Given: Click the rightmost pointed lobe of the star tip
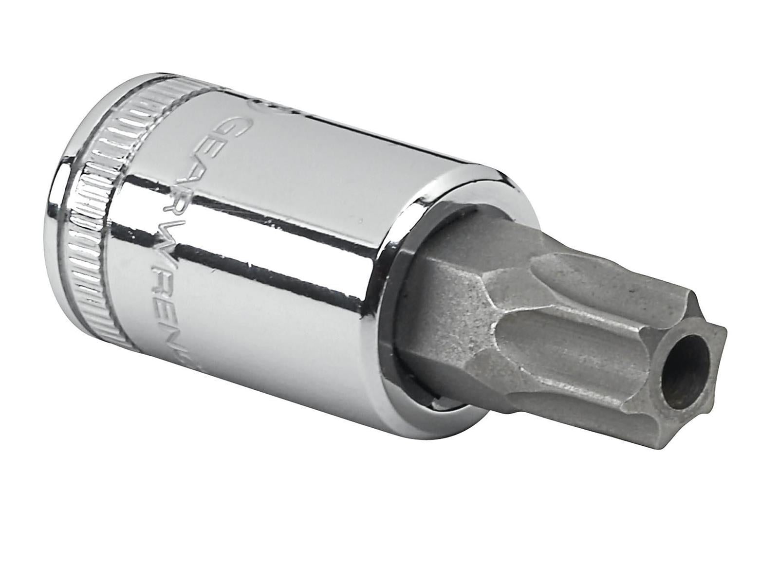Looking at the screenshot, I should (x=721, y=336).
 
